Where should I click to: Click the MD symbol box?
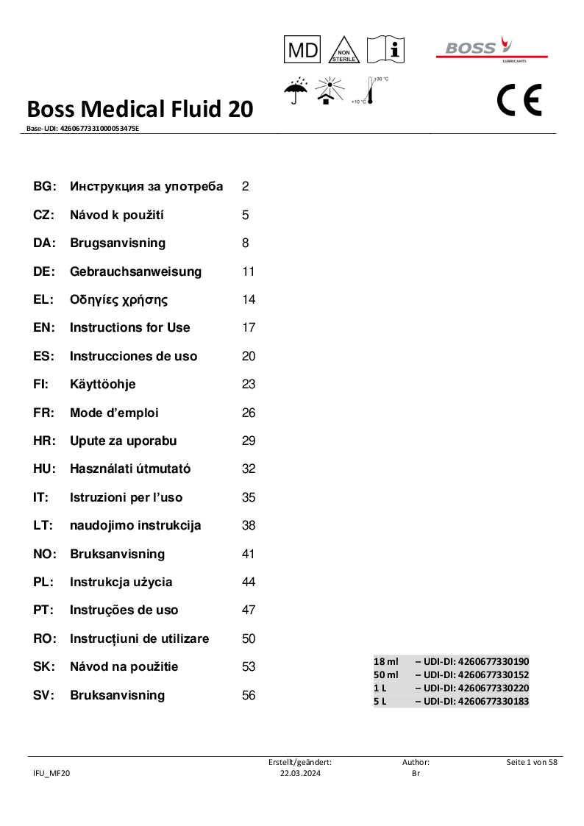point(302,50)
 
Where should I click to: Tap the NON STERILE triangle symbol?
point(343,51)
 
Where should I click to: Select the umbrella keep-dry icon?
point(296,91)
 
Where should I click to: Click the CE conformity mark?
point(519,100)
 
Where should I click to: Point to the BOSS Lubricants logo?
point(491,49)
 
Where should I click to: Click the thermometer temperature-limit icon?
point(371,91)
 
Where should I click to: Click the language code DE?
point(44,271)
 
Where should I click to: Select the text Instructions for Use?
point(129,327)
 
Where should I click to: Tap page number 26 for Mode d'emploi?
point(249,413)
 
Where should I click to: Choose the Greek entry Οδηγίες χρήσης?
point(118,299)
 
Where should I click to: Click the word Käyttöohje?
point(102,384)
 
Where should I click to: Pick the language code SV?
point(44,695)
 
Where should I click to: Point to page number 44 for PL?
point(249,582)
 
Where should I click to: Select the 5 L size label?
point(380,701)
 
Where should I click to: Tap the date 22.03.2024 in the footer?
point(300,773)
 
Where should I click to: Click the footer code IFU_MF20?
point(51,773)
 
